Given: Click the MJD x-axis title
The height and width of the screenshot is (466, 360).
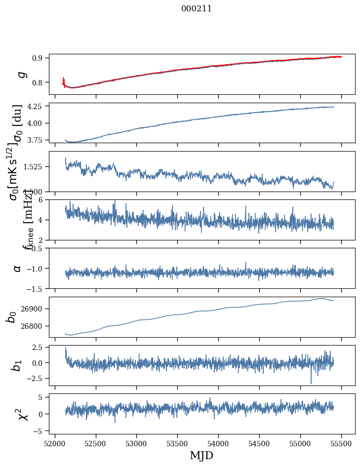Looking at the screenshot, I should [x=201, y=455].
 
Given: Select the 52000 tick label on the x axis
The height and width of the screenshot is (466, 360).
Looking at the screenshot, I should [x=55, y=443].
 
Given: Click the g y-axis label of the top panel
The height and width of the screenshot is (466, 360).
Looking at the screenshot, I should [x=21, y=74].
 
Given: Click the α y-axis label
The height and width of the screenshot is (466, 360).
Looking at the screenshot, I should [x=17, y=268].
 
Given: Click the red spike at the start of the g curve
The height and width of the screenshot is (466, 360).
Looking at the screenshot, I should [x=64, y=80].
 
